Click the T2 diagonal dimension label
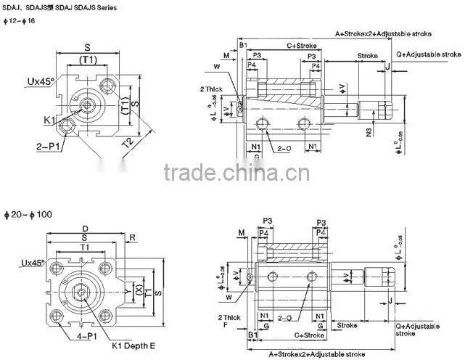click(128, 144)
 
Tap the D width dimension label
click(85, 227)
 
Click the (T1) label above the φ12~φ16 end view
click(88, 60)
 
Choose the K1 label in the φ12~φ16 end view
click(49, 119)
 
